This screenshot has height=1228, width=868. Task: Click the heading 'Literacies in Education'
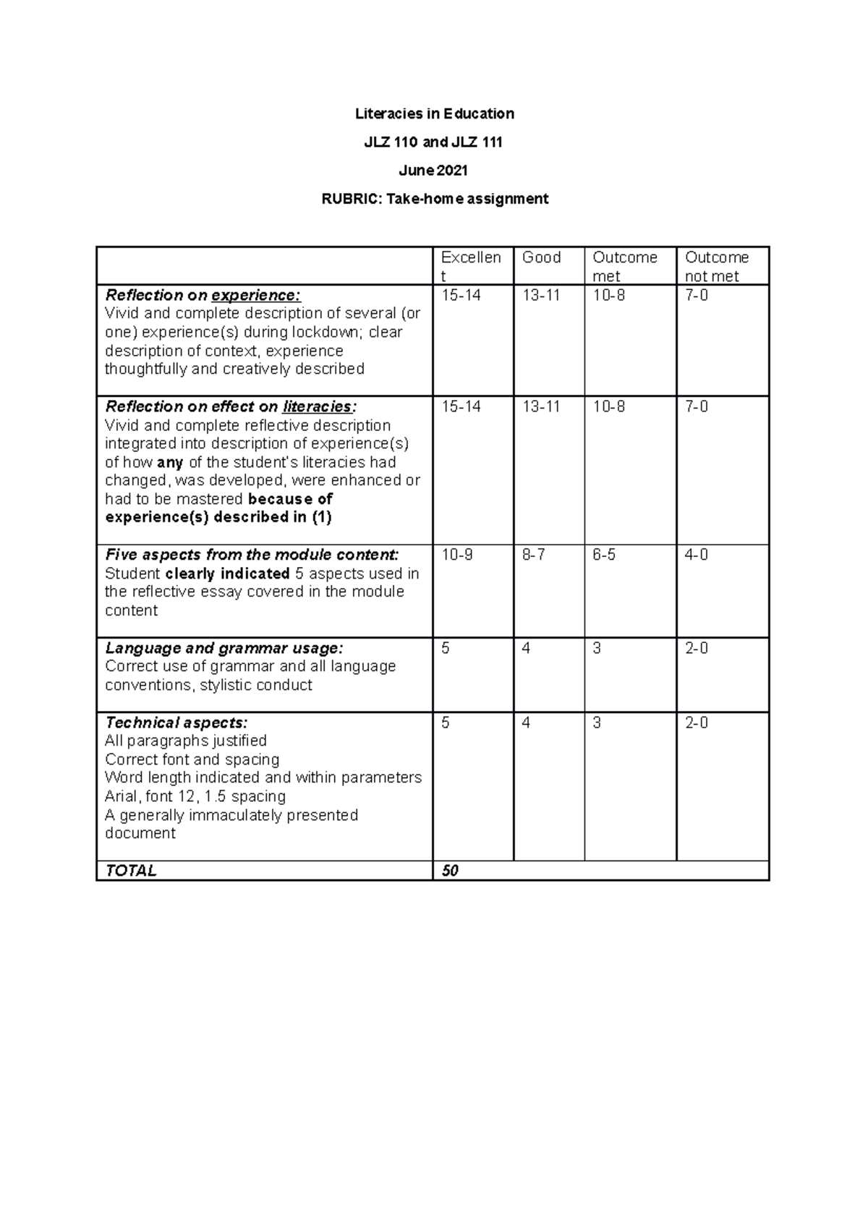pos(434,114)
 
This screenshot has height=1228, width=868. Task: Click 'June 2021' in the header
pos(434,171)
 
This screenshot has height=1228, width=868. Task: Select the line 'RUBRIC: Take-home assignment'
pos(434,199)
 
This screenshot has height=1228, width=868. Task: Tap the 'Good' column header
pos(541,257)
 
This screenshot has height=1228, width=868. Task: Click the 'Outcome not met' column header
pos(716,267)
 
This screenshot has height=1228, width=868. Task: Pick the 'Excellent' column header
pos(470,266)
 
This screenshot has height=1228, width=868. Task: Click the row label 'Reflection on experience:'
pos(203,295)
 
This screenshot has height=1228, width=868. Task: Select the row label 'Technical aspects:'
pos(176,722)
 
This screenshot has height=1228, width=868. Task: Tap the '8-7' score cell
pos(534,555)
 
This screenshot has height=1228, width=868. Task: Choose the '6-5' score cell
pos(604,555)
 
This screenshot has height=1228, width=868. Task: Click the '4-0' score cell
pos(697,555)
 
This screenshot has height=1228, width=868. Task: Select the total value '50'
pos(450,871)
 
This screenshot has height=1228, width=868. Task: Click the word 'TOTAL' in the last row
pos(131,871)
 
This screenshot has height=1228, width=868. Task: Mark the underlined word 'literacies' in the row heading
pos(317,406)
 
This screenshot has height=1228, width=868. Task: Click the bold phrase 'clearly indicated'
pos(227,574)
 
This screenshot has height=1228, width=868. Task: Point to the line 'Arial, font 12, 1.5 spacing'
pos(195,796)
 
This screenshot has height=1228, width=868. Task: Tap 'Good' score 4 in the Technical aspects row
pos(526,722)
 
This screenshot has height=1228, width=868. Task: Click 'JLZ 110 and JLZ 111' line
pos(434,142)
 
